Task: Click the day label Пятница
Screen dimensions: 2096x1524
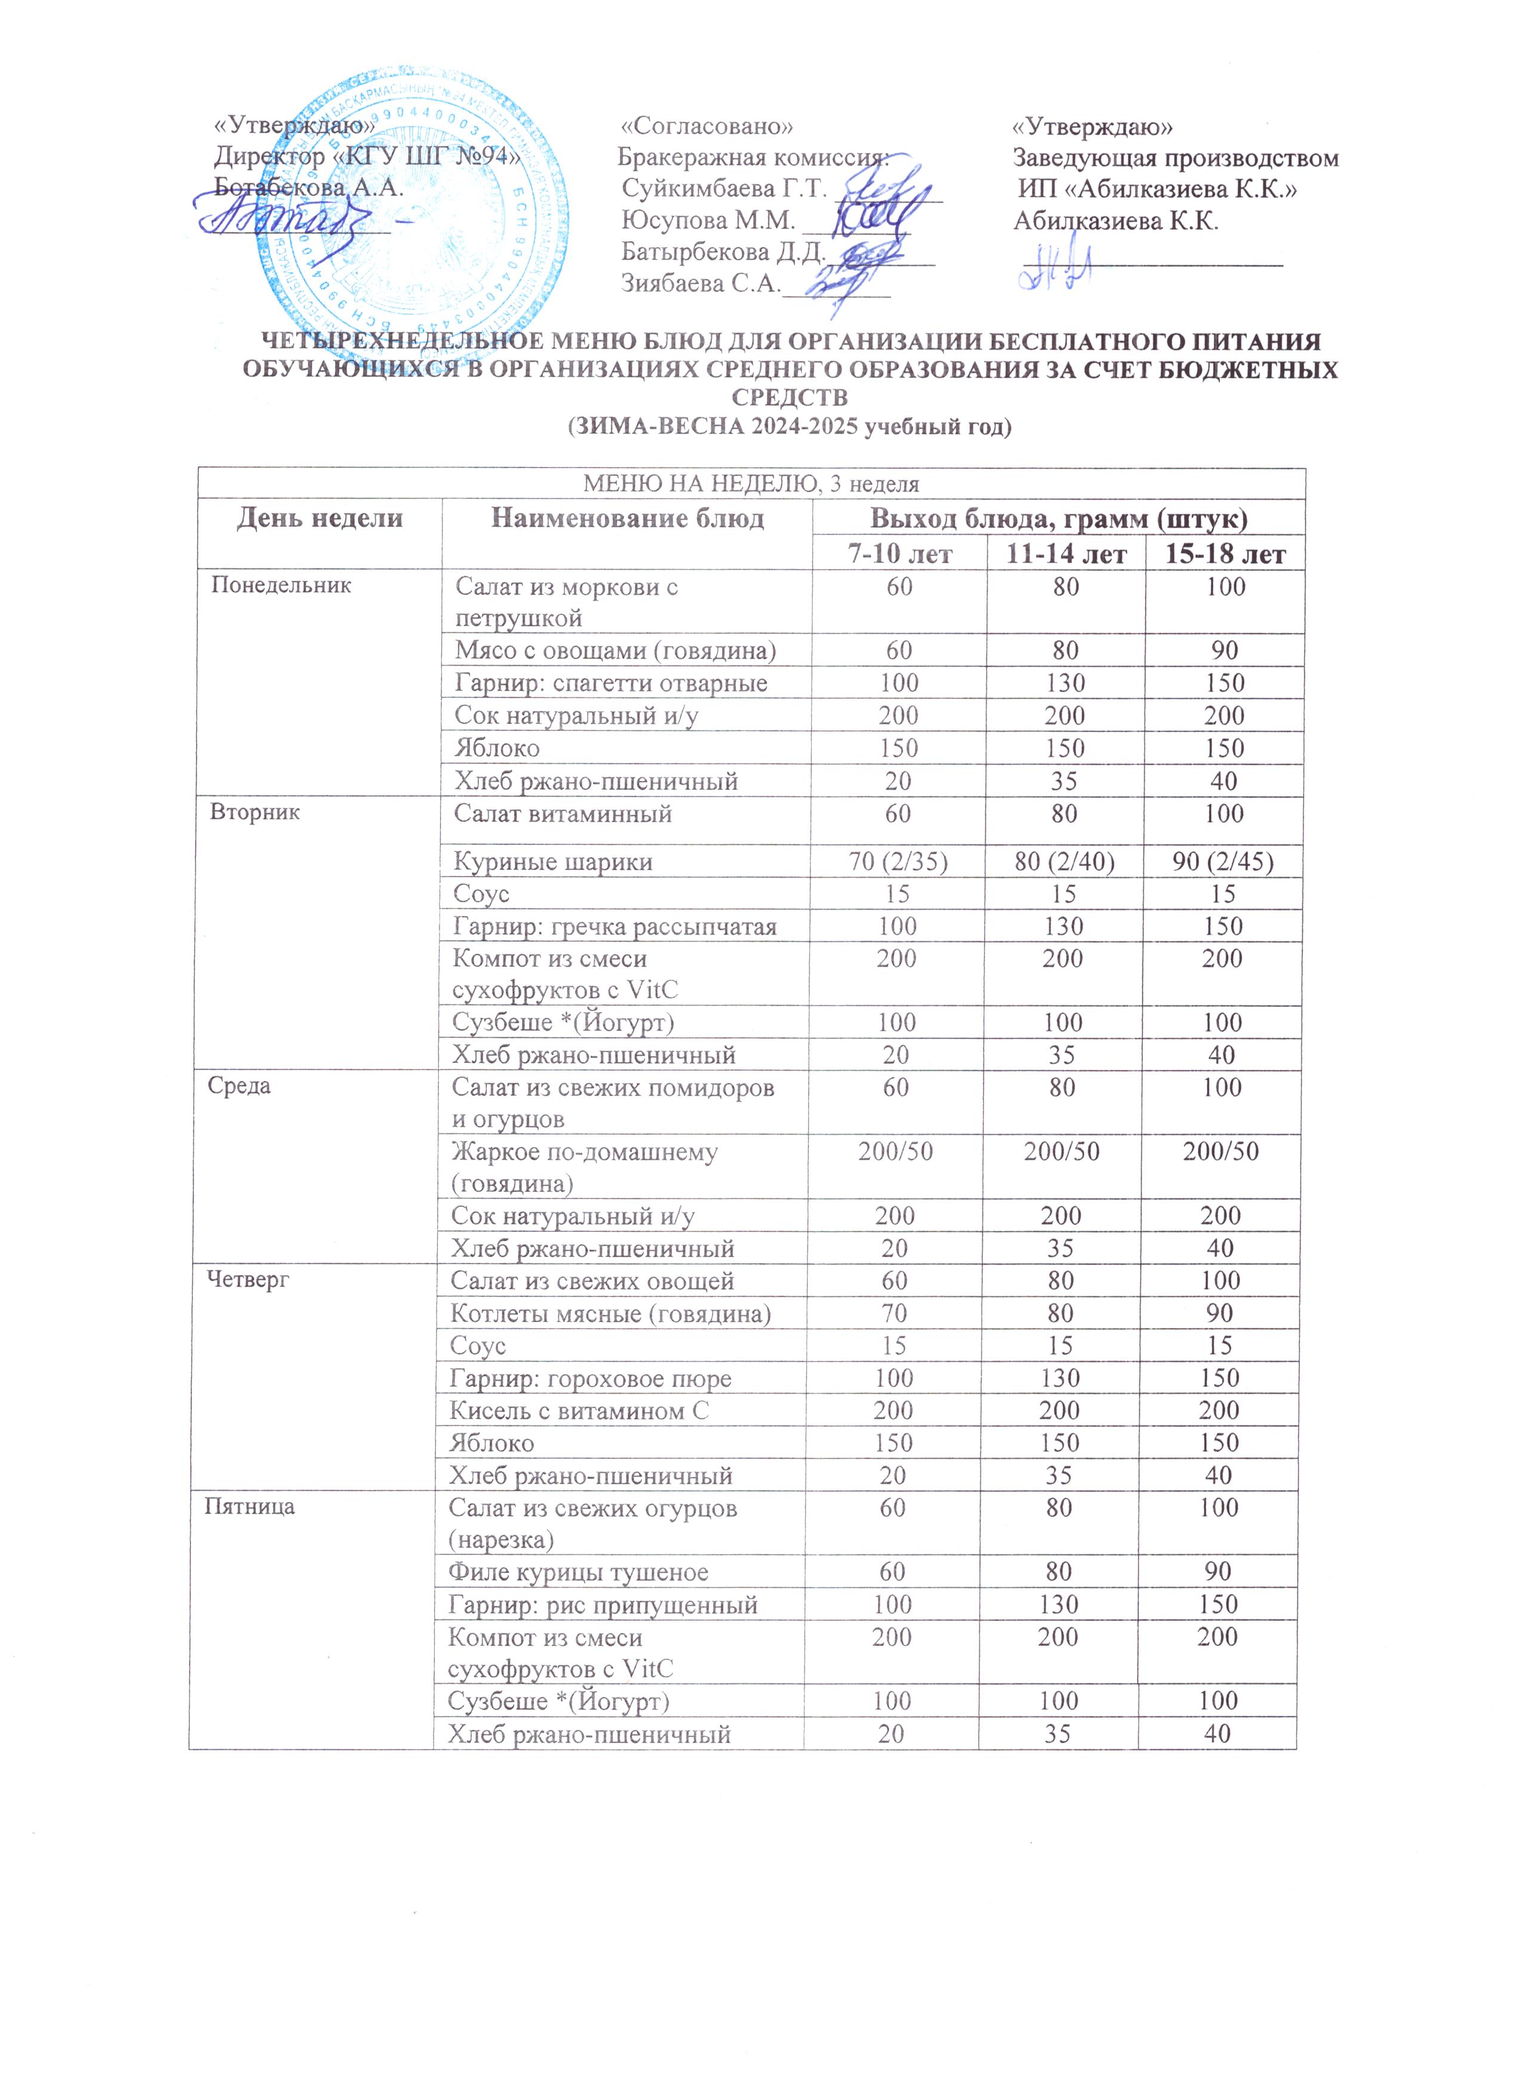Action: coord(250,1507)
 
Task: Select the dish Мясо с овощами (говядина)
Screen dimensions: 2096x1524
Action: coord(616,651)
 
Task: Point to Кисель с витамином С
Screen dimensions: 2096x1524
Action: coord(579,1411)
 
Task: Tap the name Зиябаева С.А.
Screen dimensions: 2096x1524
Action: coord(700,283)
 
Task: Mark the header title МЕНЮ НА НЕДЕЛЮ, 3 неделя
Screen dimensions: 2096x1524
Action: coord(751,483)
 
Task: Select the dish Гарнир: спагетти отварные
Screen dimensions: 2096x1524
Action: coord(611,683)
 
